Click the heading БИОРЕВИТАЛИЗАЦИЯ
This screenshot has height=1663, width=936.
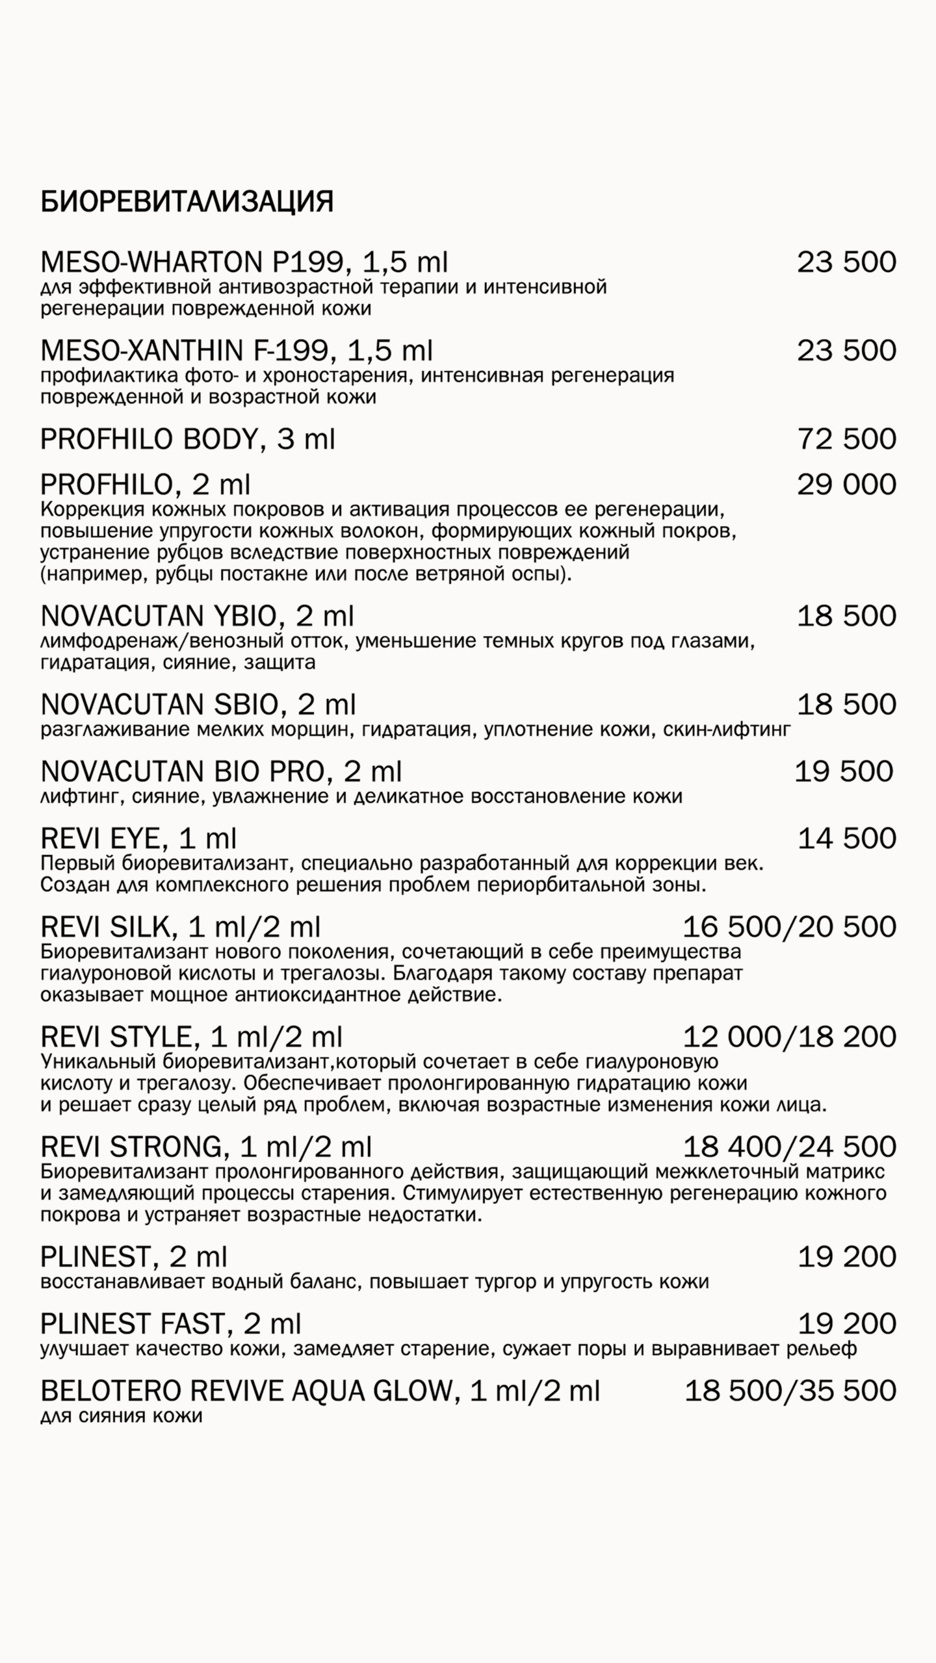point(187,202)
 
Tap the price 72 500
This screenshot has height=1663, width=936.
point(846,439)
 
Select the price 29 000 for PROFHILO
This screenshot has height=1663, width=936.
point(846,485)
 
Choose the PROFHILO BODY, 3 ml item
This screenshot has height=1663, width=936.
point(187,440)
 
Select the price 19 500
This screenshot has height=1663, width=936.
point(844,772)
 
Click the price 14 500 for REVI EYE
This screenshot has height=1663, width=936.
point(846,839)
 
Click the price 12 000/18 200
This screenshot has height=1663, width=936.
point(789,1037)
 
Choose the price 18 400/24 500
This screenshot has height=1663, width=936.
point(789,1147)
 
